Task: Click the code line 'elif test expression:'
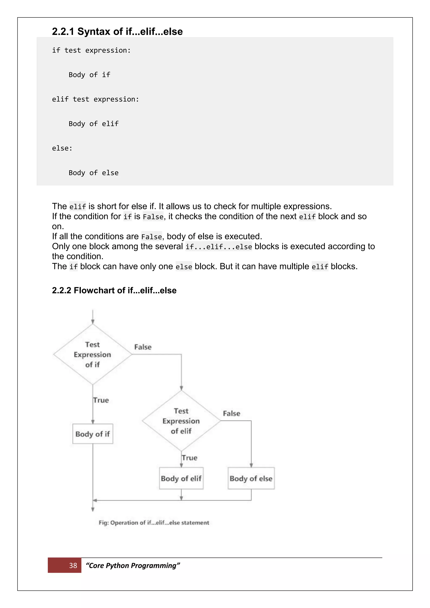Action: click(95, 99)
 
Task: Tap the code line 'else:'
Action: click(62, 148)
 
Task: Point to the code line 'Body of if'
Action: click(89, 75)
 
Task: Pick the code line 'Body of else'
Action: click(93, 173)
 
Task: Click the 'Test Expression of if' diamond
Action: click(92, 354)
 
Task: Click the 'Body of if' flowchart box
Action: click(93, 434)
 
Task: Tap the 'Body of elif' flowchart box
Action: click(181, 478)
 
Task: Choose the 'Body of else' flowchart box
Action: click(251, 478)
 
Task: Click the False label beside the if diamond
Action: click(143, 347)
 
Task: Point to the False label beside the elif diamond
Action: click(231, 413)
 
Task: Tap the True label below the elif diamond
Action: click(190, 458)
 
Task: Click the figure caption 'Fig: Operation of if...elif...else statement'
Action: click(154, 523)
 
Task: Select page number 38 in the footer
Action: click(73, 565)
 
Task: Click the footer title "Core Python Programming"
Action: click(133, 565)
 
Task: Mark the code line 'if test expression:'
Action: click(91, 50)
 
